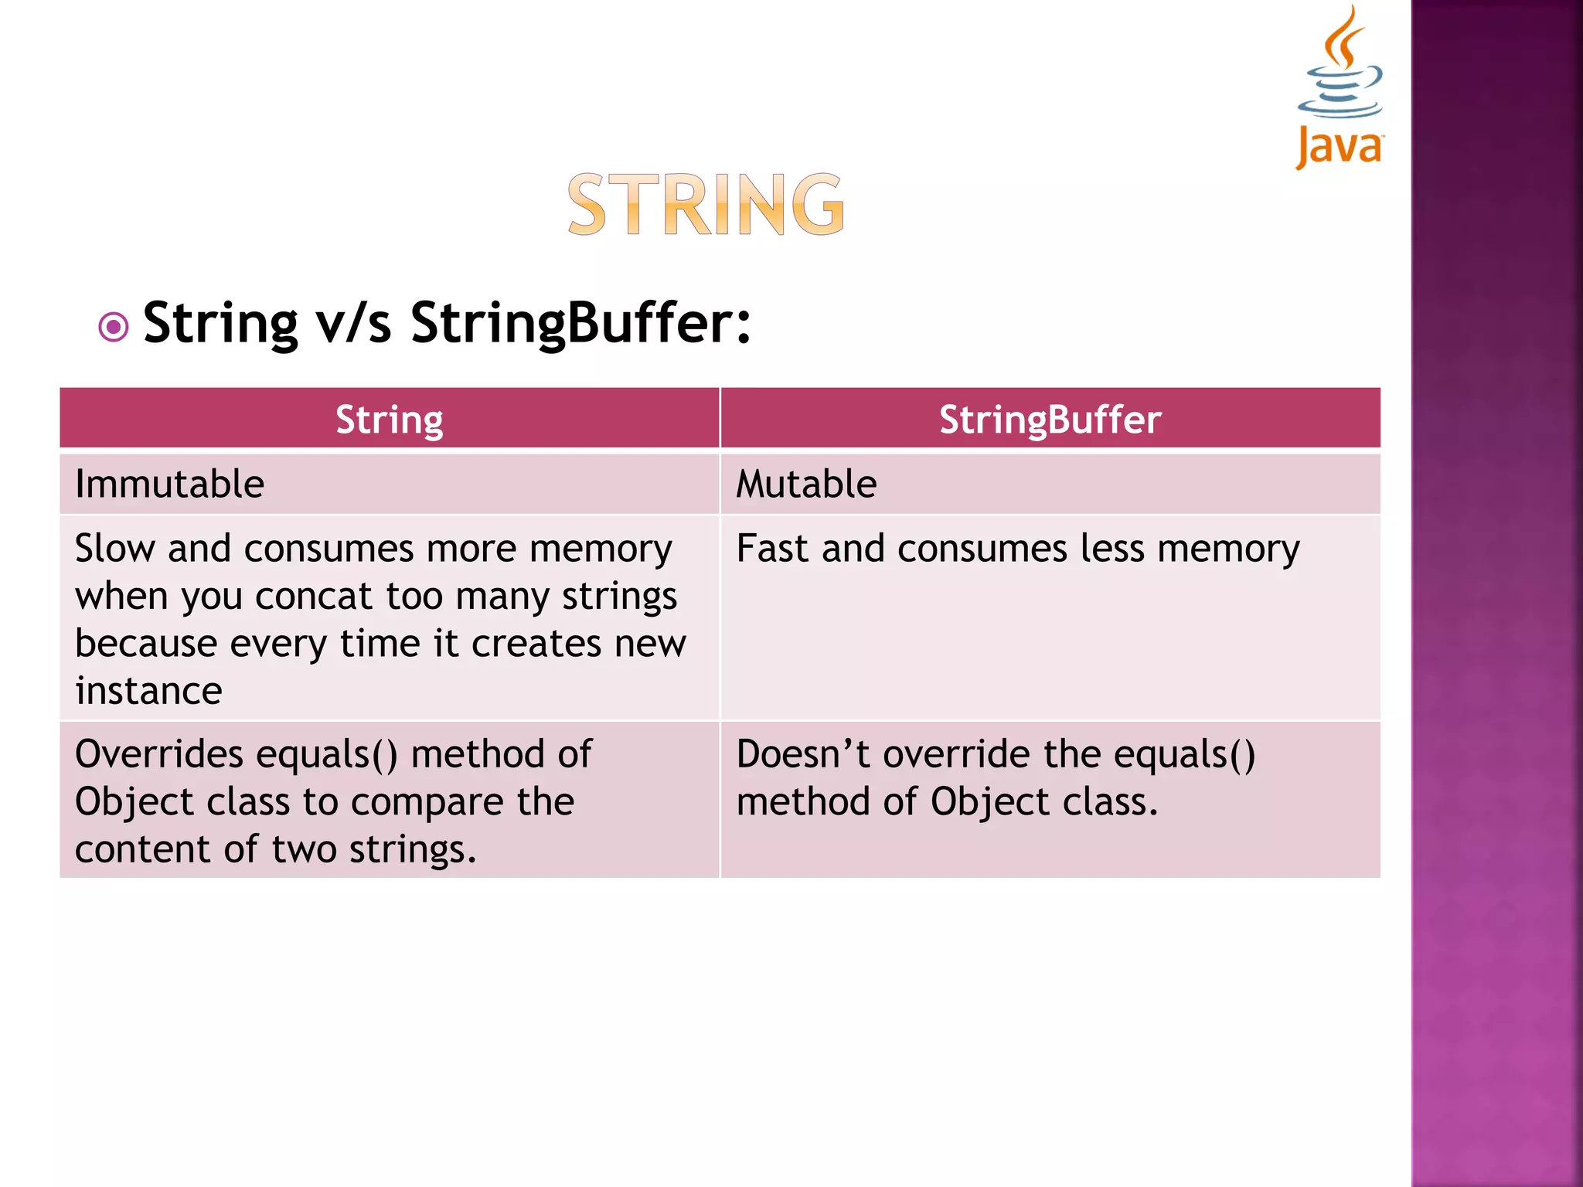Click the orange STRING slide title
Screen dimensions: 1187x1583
(x=706, y=205)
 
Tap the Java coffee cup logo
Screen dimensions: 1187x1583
(x=1340, y=85)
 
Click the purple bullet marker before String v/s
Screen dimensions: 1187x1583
(x=114, y=327)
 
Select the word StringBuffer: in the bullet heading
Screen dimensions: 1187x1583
(x=580, y=323)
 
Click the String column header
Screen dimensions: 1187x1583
(x=390, y=420)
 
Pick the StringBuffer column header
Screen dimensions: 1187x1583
(x=1050, y=420)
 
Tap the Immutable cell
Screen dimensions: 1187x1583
(x=170, y=485)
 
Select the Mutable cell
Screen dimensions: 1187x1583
(x=806, y=485)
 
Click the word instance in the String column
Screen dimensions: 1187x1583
(x=148, y=690)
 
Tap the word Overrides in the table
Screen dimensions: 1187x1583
(x=158, y=754)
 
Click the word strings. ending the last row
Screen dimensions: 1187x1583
(x=413, y=850)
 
